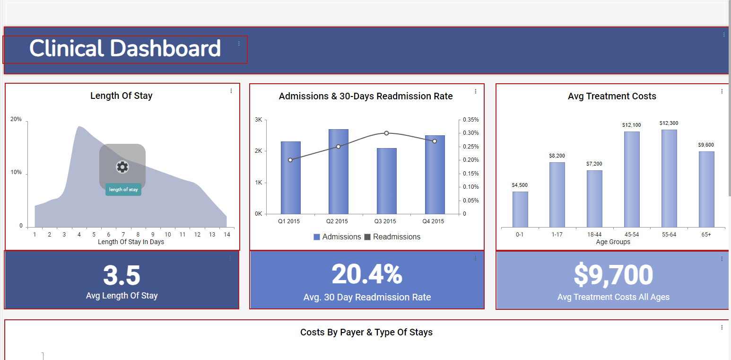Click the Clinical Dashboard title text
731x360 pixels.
(125, 49)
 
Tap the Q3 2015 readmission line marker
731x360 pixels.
(386, 133)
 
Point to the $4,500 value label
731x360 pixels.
(520, 185)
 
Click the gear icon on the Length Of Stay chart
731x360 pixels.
(122, 167)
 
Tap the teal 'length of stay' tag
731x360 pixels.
(123, 190)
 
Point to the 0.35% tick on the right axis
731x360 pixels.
(471, 120)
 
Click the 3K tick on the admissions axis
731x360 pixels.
(258, 120)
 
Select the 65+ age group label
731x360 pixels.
(706, 235)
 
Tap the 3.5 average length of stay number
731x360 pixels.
(122, 275)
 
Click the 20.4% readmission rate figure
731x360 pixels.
(367, 274)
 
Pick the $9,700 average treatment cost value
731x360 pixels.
(613, 275)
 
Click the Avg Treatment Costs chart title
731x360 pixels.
(612, 97)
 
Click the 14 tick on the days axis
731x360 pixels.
(227, 235)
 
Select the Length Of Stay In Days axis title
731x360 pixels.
(131, 242)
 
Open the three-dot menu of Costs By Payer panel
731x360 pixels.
(722, 327)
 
